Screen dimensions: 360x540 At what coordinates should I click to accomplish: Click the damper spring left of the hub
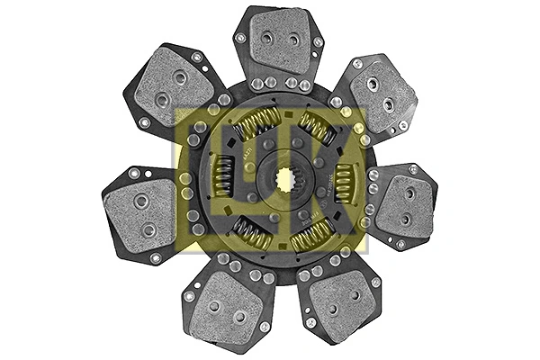[221, 175]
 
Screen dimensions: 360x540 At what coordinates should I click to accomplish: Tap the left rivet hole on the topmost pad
[267, 39]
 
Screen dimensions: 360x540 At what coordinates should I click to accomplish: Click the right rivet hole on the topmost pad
[293, 40]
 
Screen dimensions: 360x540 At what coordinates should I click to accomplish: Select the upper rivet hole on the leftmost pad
[139, 201]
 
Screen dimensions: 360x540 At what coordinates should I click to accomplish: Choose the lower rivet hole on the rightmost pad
[404, 219]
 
